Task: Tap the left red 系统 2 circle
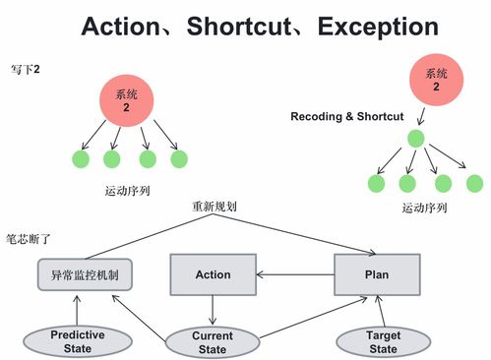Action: [126, 101]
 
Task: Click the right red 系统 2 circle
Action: [436, 79]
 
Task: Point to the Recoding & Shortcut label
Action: [346, 116]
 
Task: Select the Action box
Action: [214, 274]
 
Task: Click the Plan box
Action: [377, 274]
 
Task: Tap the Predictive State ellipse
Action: [77, 341]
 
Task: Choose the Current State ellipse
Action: [213, 342]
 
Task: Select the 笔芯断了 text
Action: [30, 238]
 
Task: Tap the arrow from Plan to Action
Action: [295, 274]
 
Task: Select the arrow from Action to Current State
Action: [214, 311]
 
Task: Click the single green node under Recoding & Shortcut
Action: [416, 139]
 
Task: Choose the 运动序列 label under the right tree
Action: [425, 208]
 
